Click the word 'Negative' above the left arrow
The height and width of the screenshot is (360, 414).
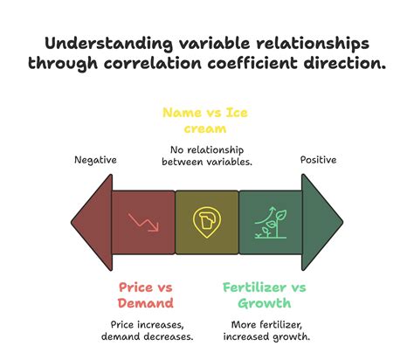pos(95,160)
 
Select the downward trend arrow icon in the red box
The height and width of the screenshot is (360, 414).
pos(143,222)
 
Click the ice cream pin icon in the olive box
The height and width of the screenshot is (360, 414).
pos(206,222)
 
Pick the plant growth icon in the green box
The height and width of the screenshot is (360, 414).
pos(269,222)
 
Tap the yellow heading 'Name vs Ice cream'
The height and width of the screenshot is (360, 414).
pos(207,121)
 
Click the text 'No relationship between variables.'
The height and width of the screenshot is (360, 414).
pos(207,155)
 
